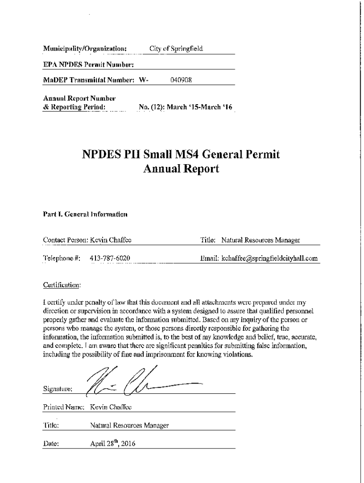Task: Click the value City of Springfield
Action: (176, 49)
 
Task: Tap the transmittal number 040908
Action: (180, 80)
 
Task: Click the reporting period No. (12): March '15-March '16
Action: (185, 107)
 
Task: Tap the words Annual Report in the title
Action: (181, 169)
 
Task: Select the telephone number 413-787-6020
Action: (110, 258)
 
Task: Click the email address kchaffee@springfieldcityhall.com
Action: (267, 258)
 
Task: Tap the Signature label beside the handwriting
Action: (57, 390)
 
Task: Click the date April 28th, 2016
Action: (113, 443)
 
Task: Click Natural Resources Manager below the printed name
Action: (129, 425)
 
